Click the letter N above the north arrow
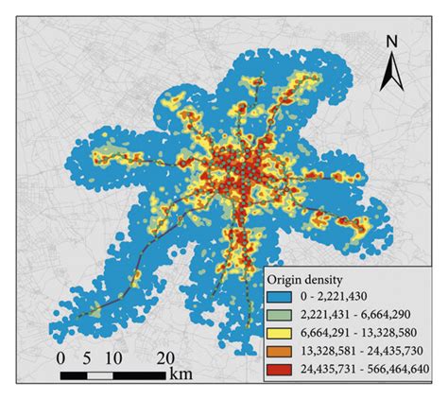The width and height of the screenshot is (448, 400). tap(390, 42)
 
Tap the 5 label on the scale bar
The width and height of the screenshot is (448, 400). tap(90, 358)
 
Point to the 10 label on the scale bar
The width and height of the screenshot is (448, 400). tap(115, 358)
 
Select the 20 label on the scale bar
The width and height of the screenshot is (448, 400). tap(165, 358)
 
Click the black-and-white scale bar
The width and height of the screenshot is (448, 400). tap(114, 374)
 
